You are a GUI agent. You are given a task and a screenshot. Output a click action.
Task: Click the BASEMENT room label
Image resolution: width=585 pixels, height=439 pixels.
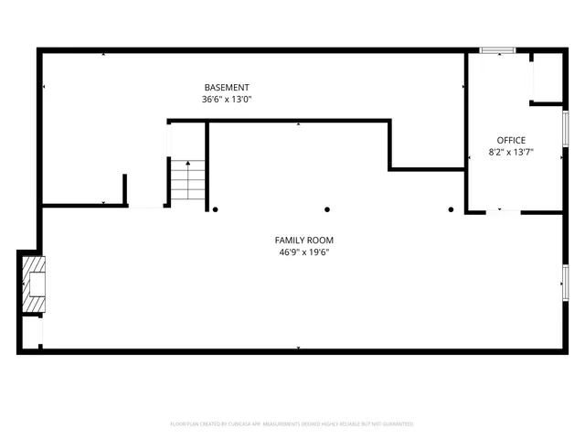coord(227,87)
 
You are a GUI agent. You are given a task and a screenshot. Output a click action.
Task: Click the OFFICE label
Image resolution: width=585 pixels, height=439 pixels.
coord(511,140)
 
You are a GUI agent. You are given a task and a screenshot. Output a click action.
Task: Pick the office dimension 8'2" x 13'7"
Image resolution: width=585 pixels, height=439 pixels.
coord(511,153)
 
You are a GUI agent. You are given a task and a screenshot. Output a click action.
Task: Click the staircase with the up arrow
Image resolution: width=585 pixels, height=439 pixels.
coord(186,180)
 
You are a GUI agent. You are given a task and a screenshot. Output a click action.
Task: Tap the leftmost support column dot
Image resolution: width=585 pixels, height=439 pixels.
coord(216,209)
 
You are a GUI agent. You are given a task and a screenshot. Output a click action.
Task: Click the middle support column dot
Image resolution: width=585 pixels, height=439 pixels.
coord(327,209)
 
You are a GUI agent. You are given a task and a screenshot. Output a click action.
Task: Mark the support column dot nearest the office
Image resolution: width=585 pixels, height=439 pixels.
coord(451,209)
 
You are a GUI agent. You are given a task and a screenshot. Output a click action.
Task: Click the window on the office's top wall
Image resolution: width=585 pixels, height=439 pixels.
coord(498,50)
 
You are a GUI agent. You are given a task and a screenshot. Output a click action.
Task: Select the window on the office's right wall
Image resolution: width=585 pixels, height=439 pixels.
coord(566,128)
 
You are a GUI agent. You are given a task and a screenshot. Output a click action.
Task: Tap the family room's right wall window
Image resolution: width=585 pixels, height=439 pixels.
coord(566,282)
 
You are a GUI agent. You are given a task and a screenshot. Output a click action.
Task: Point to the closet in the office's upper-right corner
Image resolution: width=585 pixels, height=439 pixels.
coord(547,78)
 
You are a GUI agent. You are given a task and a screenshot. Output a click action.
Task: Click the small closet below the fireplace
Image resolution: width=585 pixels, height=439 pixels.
coord(31,331)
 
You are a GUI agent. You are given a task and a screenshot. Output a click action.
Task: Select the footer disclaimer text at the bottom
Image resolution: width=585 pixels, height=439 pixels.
coord(292,424)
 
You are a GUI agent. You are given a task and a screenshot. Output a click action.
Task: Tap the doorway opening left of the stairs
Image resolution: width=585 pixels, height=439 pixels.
coord(146,207)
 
